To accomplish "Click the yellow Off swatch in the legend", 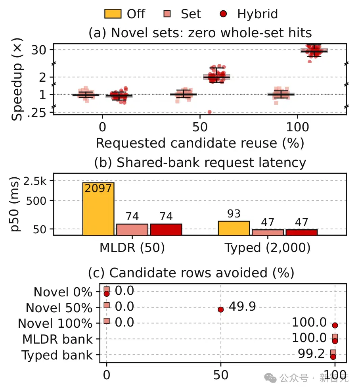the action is [113, 14].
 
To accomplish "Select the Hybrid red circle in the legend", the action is [223, 14].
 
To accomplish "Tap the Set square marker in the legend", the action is [167, 14].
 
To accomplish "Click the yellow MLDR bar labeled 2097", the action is [98, 209].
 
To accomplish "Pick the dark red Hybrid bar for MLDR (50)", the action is [166, 229].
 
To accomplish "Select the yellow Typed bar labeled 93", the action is [234, 228].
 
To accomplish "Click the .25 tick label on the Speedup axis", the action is [36, 113].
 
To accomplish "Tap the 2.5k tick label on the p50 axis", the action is [35, 181].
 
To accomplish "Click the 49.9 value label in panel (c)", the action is [242, 306].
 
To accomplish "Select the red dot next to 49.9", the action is [220, 309].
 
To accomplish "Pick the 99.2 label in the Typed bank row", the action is [311, 354].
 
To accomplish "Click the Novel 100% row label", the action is [55, 323].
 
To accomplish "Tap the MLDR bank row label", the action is [57, 339].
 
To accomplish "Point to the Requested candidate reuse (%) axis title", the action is [200, 143].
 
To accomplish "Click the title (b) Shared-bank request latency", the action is [200, 163].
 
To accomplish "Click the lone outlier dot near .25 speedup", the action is [210, 112].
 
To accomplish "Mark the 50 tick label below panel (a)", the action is [200, 127].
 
